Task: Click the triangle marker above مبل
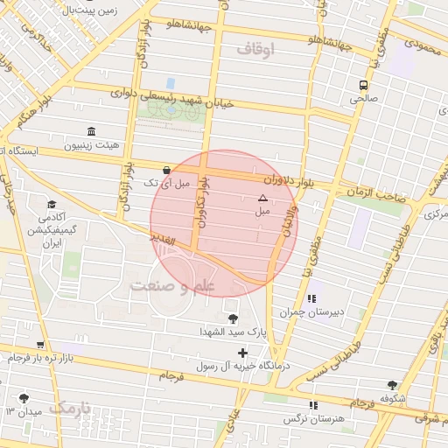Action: click(x=262, y=199)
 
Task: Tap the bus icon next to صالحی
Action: click(x=362, y=85)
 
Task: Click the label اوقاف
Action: click(x=255, y=50)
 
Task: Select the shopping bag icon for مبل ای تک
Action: click(x=166, y=170)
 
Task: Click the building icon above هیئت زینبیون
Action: click(x=91, y=131)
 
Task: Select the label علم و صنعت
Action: click(x=172, y=286)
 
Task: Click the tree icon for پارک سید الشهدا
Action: click(x=232, y=318)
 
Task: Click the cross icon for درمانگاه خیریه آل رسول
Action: click(x=242, y=353)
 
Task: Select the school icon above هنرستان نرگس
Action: click(x=313, y=405)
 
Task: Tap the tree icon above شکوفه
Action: click(x=391, y=385)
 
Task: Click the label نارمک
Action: click(x=69, y=408)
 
